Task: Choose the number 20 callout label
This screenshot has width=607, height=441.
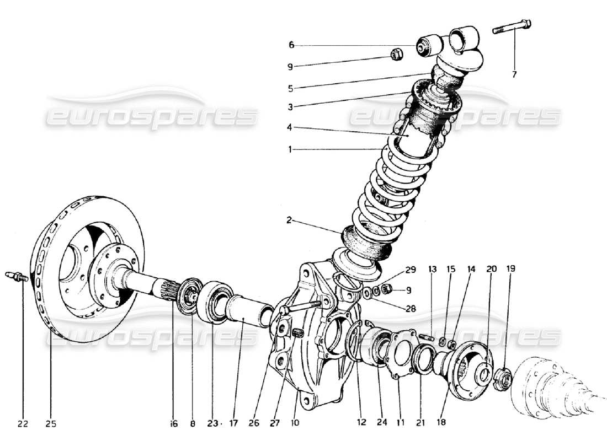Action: [x=491, y=269]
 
